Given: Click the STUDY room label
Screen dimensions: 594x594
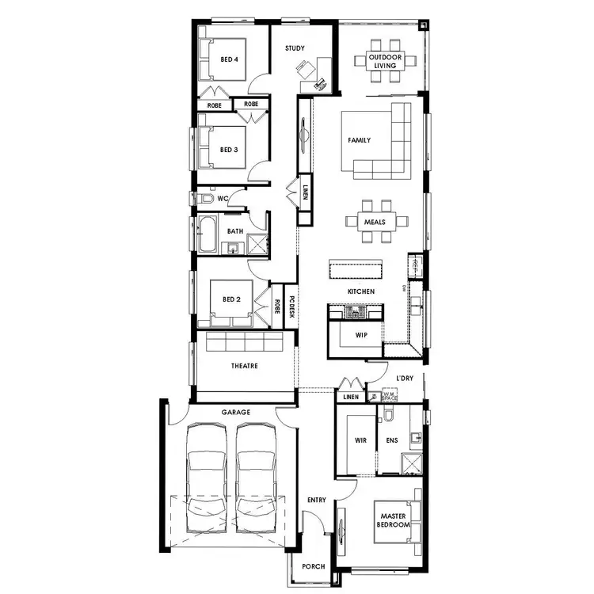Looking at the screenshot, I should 295,48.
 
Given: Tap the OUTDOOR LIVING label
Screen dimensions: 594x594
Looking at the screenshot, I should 386,61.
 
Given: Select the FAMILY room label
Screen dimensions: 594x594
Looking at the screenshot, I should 360,140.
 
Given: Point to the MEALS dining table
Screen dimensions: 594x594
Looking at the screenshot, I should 375,223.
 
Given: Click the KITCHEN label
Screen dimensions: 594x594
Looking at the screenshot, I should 360,292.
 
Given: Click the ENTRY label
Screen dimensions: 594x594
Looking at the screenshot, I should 317,500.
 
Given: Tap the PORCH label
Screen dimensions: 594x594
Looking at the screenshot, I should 314,567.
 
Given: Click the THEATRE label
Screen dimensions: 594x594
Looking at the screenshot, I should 244,366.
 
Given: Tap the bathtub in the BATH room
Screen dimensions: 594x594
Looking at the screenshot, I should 208,234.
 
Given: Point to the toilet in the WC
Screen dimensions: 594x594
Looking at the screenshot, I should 198,198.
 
